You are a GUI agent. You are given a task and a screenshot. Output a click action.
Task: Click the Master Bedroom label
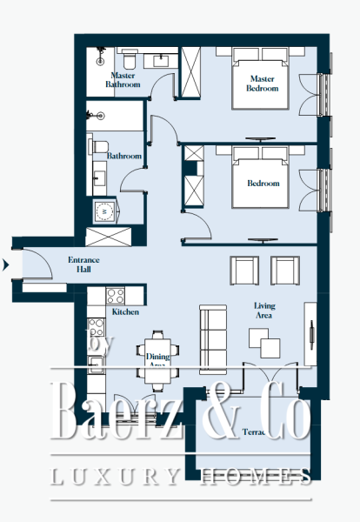click(x=262, y=84)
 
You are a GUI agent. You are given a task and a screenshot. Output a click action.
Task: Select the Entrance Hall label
click(x=83, y=264)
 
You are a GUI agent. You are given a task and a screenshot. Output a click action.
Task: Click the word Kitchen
click(x=124, y=311)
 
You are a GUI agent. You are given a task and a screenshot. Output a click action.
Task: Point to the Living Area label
click(x=264, y=311)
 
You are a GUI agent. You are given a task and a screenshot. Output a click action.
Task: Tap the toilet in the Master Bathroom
click(x=129, y=61)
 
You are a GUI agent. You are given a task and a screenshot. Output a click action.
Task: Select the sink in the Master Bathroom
click(x=160, y=60)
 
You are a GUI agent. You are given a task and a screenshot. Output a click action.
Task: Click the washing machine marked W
click(x=105, y=210)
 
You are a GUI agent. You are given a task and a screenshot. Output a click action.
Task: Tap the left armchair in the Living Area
click(x=243, y=270)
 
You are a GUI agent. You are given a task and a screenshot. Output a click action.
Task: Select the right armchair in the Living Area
click(x=284, y=270)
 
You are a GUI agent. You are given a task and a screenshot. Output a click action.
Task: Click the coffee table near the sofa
click(x=270, y=347)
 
